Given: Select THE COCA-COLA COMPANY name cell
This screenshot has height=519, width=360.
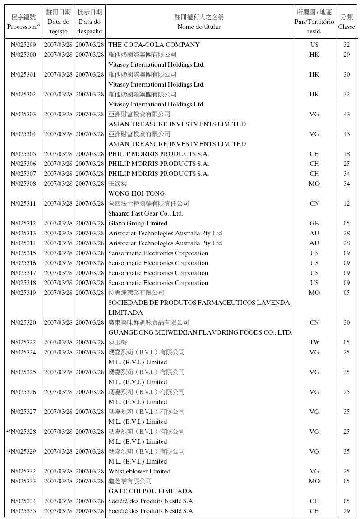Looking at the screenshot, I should click(x=154, y=45).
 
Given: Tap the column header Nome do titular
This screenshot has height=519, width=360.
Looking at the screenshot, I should click(x=199, y=27).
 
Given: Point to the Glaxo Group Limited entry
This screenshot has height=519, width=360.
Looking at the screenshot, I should click(x=138, y=223).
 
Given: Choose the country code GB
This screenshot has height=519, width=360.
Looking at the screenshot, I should click(x=314, y=223).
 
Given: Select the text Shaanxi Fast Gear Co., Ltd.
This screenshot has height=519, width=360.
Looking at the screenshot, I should click(x=146, y=213).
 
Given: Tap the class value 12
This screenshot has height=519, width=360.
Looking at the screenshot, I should click(x=346, y=203).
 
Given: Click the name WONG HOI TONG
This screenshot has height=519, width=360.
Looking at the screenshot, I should click(x=136, y=193).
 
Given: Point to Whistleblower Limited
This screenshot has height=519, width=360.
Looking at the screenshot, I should click(x=139, y=471).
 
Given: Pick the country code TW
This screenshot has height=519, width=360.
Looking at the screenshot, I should click(x=314, y=342).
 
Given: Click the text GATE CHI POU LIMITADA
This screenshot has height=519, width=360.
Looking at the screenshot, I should click(x=150, y=491).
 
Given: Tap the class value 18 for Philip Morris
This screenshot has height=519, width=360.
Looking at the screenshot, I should click(x=346, y=154).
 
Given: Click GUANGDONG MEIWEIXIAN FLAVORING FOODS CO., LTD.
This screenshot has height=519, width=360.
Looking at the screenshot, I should click(x=200, y=332).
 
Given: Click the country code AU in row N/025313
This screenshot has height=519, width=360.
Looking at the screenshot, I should click(x=314, y=233).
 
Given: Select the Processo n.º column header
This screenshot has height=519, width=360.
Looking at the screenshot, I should click(x=23, y=27).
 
